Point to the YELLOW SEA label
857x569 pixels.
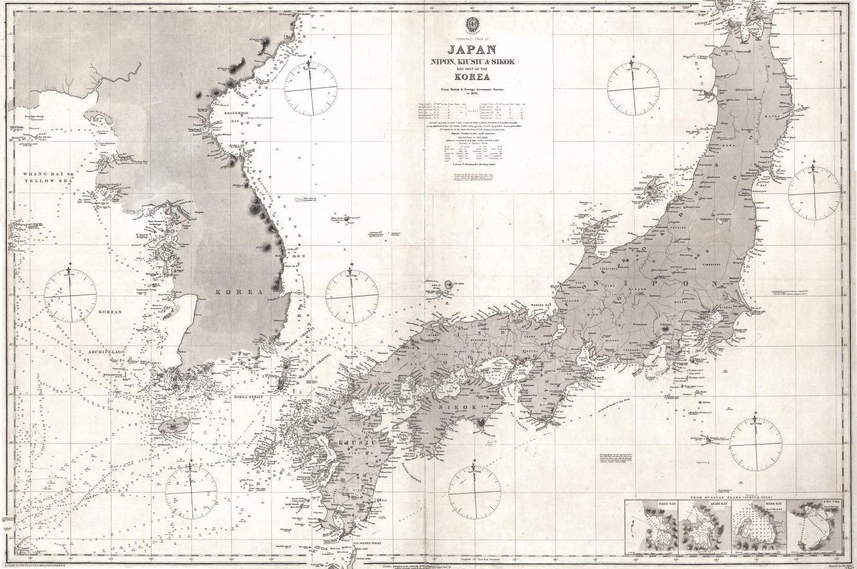43,181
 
